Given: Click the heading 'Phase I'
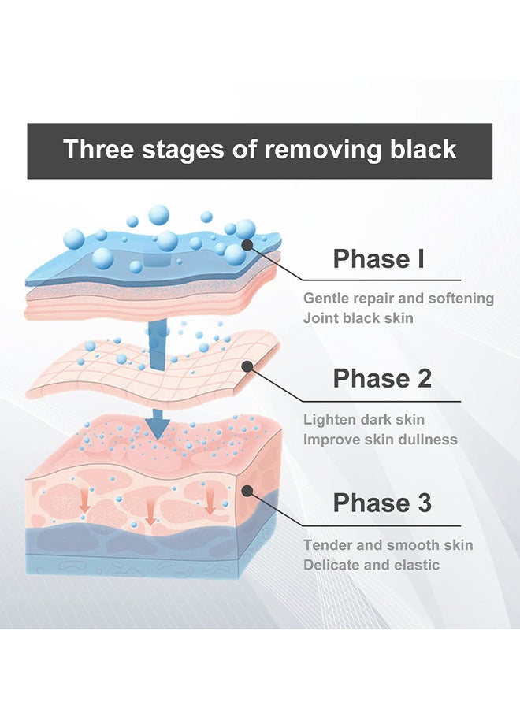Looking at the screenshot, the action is pos(378,258).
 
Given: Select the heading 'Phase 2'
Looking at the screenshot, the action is pos(382,378).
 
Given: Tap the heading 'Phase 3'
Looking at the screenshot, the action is pos(382,503).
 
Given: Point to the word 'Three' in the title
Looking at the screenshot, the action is pos(98,149).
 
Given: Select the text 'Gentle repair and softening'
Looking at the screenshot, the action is pos(399,299).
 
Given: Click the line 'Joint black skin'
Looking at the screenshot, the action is pos(358,318).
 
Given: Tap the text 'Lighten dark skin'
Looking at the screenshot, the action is pos(363,420).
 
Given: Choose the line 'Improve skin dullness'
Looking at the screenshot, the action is pos(381,440).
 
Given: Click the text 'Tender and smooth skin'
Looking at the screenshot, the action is pos(388,545).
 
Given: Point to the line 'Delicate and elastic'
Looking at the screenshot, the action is pos(371,565).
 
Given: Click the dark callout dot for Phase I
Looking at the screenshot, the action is pos(247,245).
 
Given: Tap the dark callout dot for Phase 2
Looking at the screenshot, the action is pos(247,366).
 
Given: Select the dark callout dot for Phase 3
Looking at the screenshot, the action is pos(247,492).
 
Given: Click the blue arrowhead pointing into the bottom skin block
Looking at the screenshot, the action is pos(157,429).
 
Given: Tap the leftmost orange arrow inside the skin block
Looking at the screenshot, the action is pos(84,501).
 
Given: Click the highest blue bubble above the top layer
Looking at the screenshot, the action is pos(158,214).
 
